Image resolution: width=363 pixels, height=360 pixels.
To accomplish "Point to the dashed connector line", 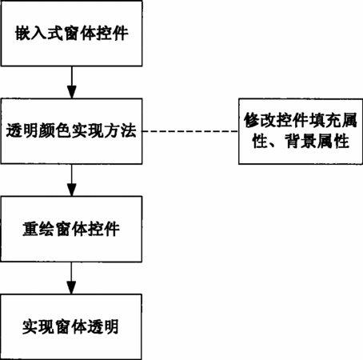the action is click(x=190, y=131).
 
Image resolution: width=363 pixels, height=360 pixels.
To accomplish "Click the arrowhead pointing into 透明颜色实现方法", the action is click(x=71, y=92).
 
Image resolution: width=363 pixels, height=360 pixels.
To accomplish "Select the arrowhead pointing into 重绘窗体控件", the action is click(x=71, y=190).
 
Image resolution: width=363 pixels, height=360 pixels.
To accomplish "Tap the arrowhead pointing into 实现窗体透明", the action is click(x=71, y=288).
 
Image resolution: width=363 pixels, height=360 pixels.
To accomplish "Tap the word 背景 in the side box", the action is click(x=301, y=141).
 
